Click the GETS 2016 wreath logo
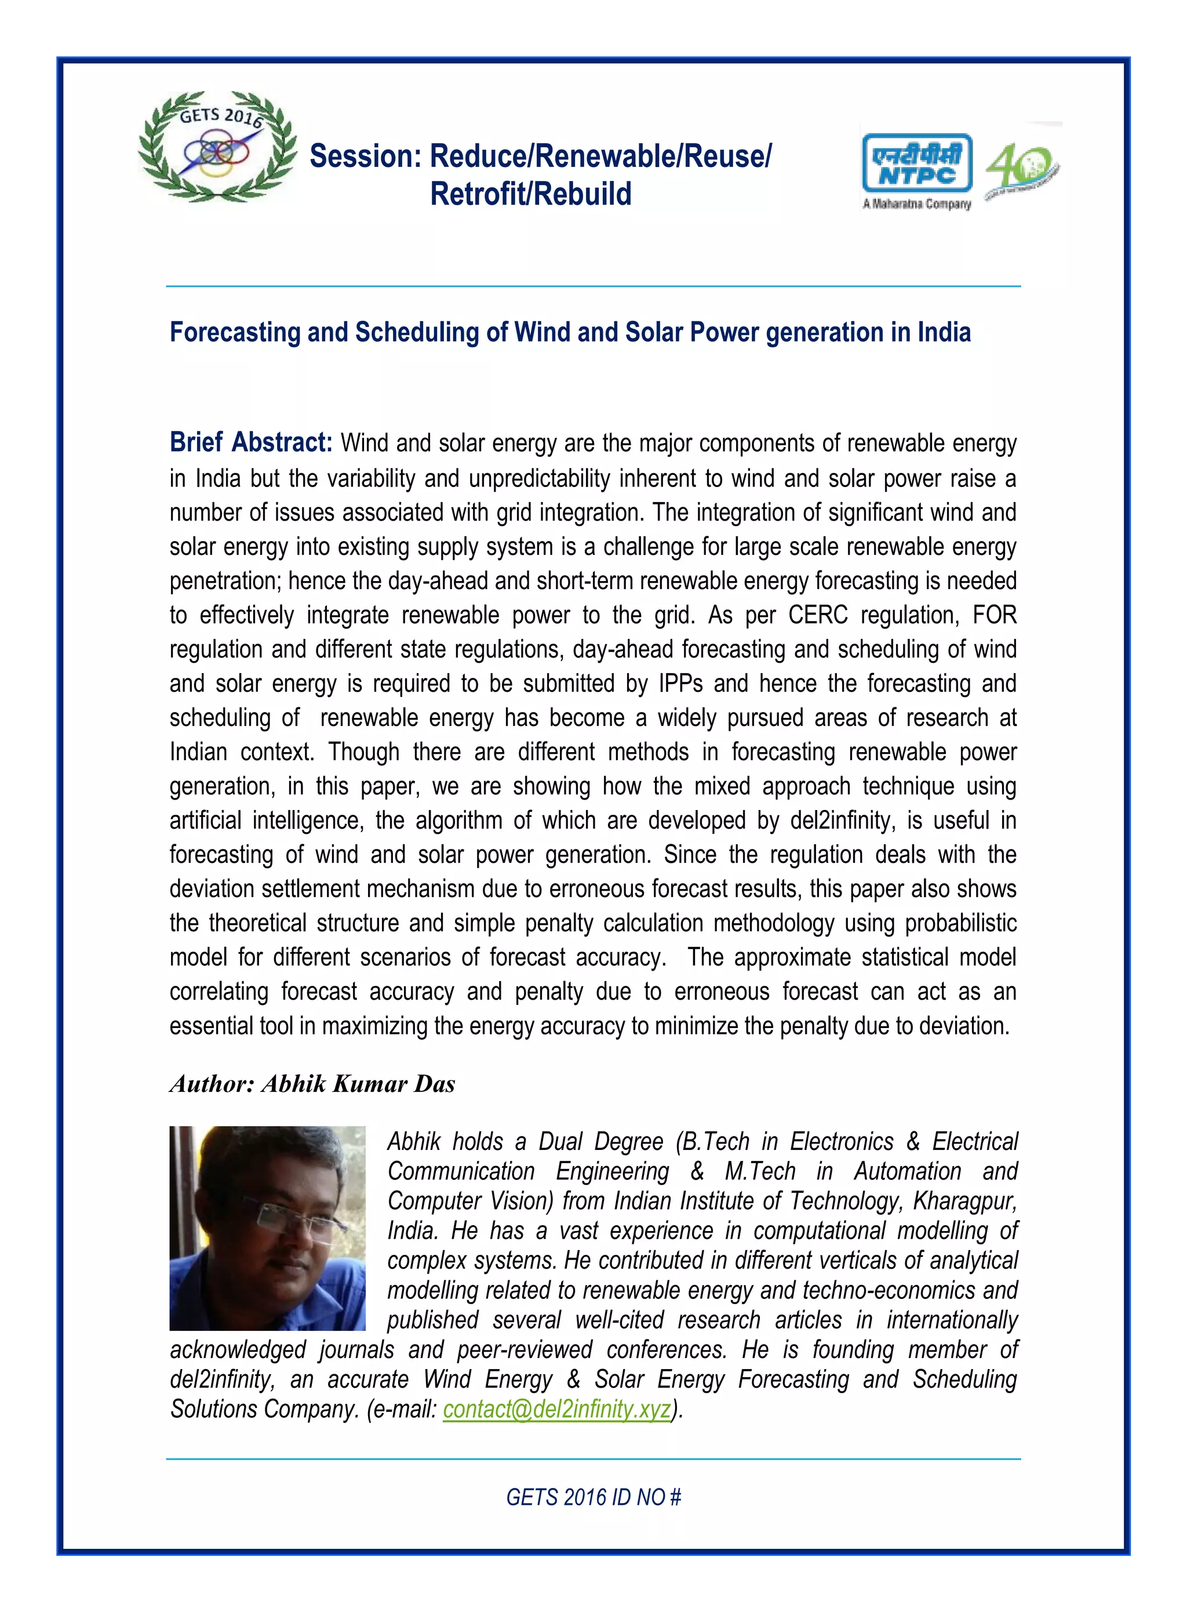point(218,147)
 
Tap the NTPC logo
point(917,165)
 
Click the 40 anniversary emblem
point(1022,170)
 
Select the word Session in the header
point(365,157)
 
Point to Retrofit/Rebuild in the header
point(530,194)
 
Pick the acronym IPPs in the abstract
point(680,684)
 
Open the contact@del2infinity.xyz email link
point(557,1409)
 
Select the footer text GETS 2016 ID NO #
point(593,1497)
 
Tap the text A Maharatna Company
point(916,204)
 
